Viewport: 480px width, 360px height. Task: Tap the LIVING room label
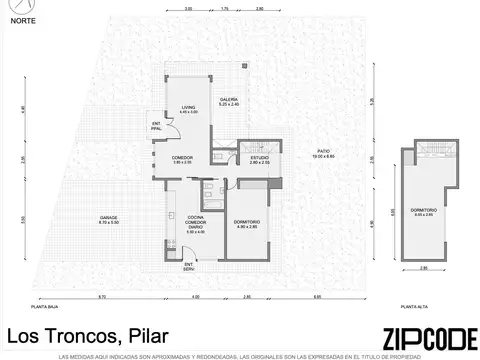click(187, 108)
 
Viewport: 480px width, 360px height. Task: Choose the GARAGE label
click(109, 217)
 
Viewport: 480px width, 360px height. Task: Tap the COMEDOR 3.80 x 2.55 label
click(181, 158)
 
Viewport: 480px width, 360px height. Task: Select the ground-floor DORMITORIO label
click(246, 224)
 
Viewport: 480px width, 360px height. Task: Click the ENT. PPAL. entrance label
click(155, 126)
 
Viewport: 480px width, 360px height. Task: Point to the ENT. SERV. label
click(188, 265)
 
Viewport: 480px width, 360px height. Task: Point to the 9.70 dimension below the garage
click(103, 297)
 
